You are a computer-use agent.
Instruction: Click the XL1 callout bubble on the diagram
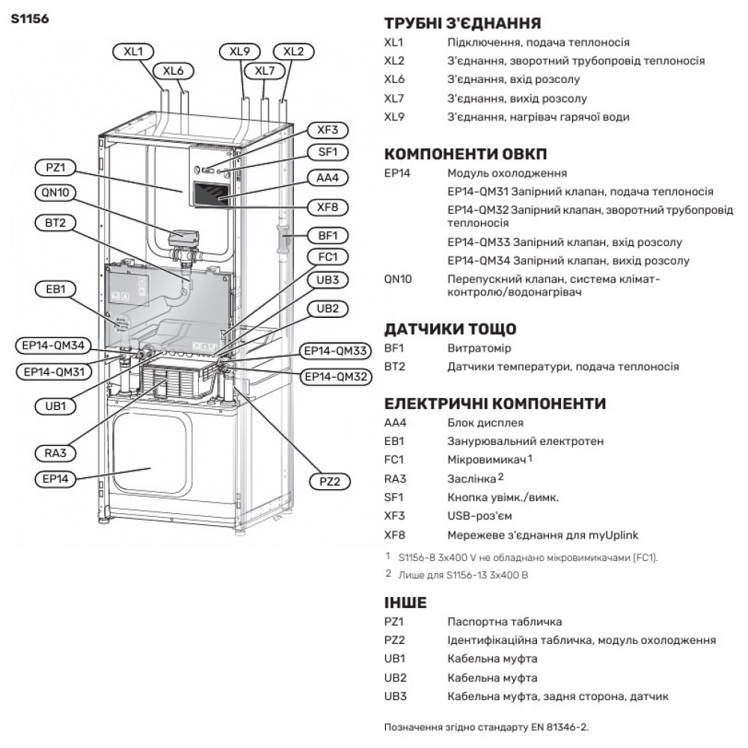point(133,52)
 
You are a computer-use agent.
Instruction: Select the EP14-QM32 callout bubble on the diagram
point(334,375)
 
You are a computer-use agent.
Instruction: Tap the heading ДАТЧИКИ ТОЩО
point(450,329)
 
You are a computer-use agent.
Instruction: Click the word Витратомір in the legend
point(477,349)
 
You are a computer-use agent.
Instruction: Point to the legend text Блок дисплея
point(485,423)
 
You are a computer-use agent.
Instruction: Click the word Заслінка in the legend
point(471,479)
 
